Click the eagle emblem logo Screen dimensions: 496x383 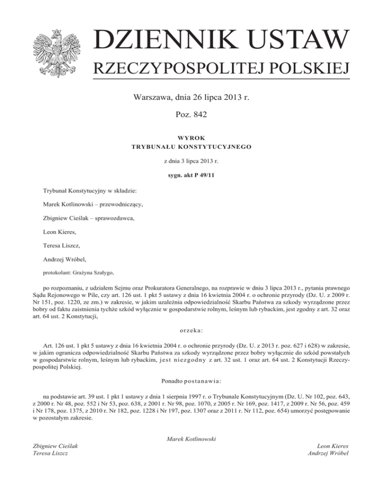(56, 50)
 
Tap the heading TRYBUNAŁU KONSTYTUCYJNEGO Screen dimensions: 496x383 (191, 147)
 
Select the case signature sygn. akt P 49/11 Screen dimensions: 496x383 (191, 176)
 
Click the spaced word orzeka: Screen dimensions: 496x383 (191, 329)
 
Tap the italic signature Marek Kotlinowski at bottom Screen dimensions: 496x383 (191, 439)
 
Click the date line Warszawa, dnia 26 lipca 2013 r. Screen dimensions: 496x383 (191, 98)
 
